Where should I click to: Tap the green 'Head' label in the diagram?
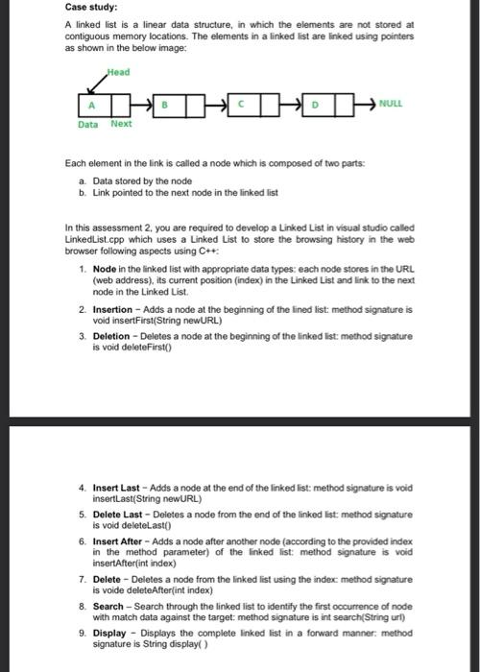click(119, 72)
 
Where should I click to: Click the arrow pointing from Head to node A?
click(99, 83)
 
